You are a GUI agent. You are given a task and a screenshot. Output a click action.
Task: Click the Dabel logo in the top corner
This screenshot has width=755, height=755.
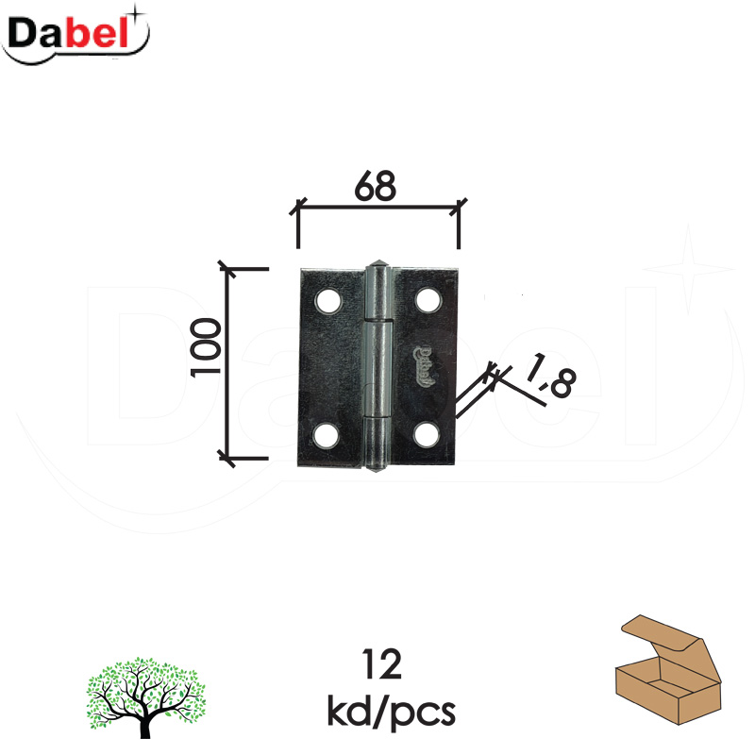(x=75, y=35)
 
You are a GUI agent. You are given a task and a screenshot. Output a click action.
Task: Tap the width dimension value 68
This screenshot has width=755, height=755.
(x=375, y=186)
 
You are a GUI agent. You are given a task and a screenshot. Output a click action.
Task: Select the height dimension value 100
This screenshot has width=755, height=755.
(x=206, y=347)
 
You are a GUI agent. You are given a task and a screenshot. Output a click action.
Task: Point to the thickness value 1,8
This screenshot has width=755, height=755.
(x=549, y=375)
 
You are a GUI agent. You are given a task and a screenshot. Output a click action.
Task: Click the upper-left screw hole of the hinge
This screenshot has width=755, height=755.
(x=327, y=300)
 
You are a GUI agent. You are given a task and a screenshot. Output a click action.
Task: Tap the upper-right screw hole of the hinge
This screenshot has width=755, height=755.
(x=428, y=300)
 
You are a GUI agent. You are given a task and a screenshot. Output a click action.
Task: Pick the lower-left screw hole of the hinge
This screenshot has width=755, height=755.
(x=325, y=435)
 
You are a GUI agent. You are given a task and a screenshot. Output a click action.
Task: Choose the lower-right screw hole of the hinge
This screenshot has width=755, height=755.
(x=427, y=434)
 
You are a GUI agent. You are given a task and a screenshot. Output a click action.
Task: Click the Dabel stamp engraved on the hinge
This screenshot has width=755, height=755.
(x=424, y=366)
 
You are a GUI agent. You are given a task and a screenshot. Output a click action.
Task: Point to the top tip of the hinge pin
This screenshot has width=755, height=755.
(x=379, y=260)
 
